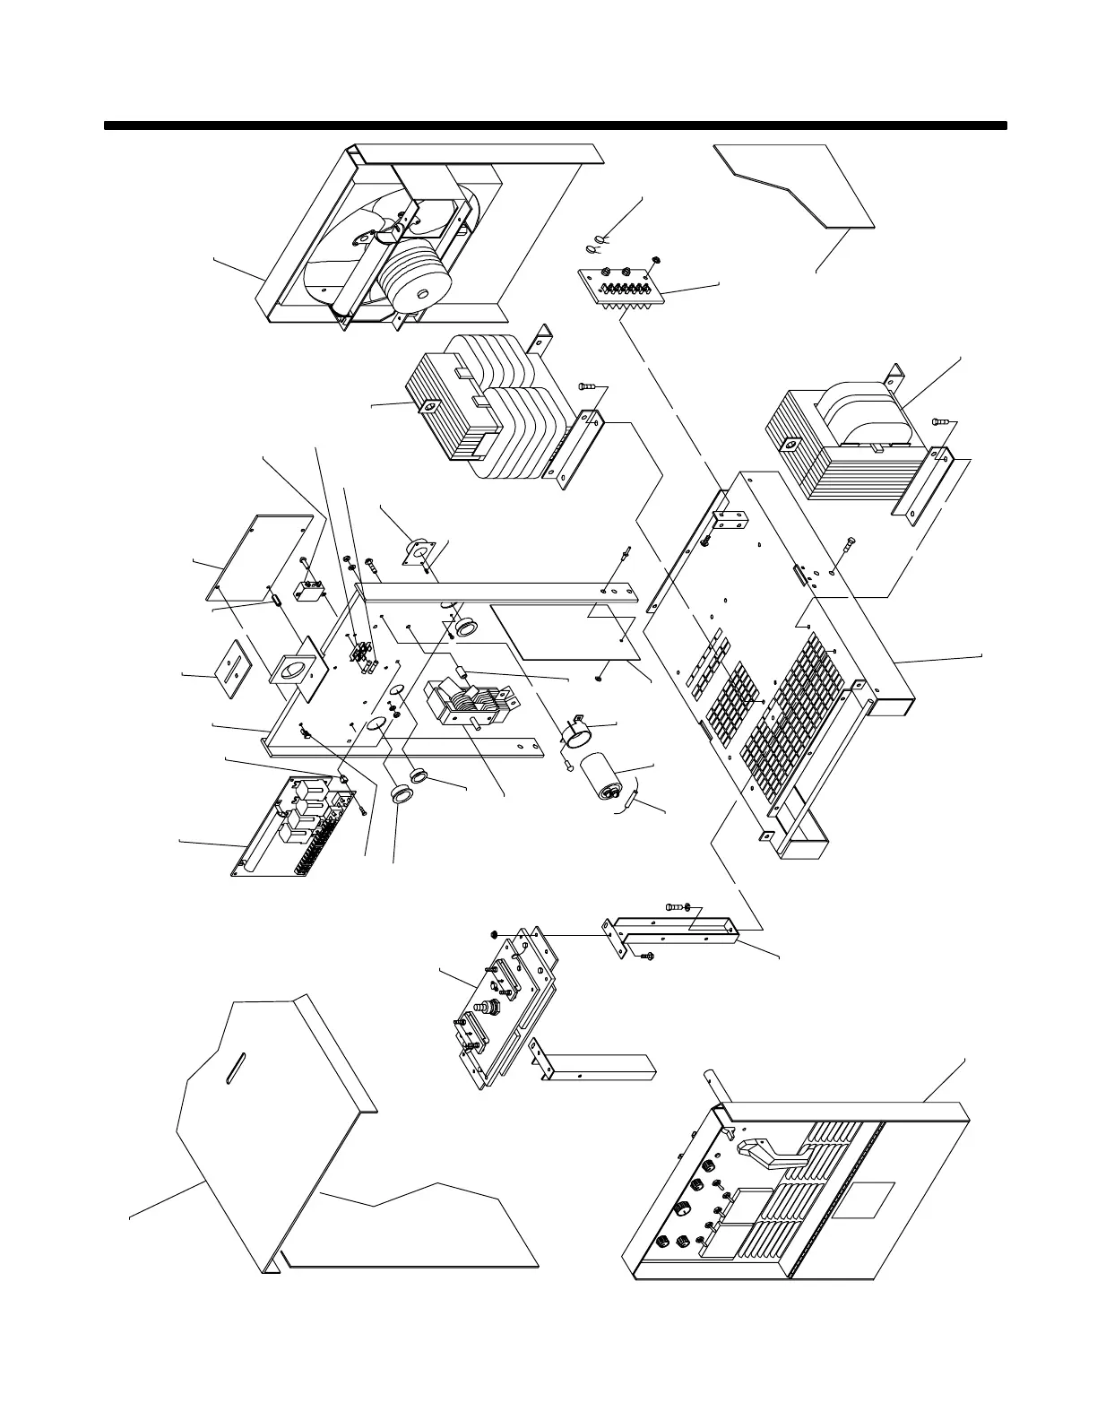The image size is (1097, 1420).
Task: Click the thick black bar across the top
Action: [x=556, y=126]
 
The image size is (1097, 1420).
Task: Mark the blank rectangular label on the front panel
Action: [x=862, y=1200]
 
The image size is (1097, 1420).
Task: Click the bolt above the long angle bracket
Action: [x=675, y=907]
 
